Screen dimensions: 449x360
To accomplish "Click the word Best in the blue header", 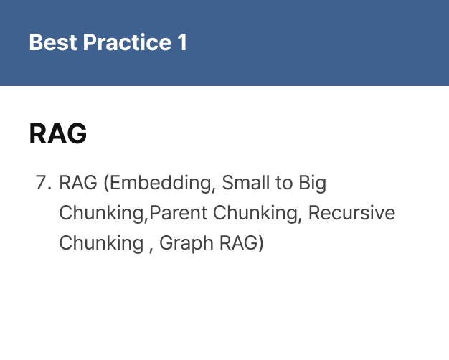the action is (x=53, y=42).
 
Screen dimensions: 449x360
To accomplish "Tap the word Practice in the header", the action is (x=127, y=42).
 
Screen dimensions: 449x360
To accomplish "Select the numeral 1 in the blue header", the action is (x=182, y=42).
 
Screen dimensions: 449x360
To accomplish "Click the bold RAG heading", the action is (x=58, y=133).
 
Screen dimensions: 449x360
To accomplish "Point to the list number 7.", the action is (x=44, y=182).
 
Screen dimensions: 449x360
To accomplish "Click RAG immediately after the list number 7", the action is (x=78, y=182).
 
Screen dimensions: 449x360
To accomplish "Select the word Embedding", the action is (x=159, y=183).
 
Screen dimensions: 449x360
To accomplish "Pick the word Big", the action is (x=313, y=184).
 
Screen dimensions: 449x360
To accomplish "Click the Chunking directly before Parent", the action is (x=103, y=213).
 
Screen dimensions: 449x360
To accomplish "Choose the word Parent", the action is (x=179, y=213).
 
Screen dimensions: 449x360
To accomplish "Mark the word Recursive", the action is (x=352, y=213).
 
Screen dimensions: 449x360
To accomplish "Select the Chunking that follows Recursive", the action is (x=101, y=243).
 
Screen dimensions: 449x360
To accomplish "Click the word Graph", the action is (x=186, y=243).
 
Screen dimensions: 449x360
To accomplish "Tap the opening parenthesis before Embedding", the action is (x=106, y=184).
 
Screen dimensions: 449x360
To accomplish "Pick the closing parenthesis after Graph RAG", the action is (x=260, y=243).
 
